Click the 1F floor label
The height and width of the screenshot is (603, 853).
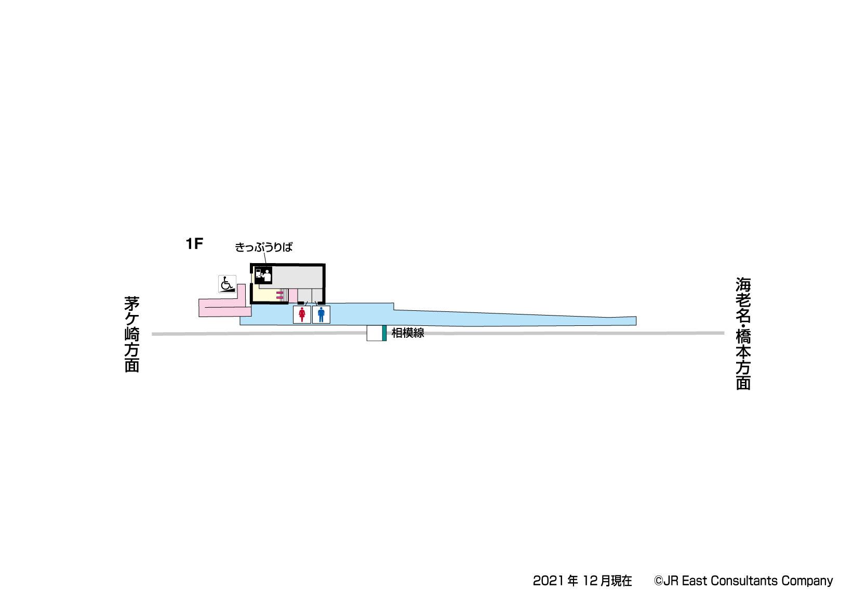coord(194,244)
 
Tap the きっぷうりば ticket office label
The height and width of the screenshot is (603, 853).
coord(263,248)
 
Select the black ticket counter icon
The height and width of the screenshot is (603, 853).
coord(263,275)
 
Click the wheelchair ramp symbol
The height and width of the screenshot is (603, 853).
coord(227,284)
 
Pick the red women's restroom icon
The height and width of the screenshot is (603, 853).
coord(302,314)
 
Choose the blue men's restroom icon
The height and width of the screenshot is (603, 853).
coord(321,314)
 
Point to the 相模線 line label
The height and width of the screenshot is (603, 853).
coord(408,333)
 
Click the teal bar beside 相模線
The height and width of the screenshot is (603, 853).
coord(384,333)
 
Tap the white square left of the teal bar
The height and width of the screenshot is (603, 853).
coord(375,333)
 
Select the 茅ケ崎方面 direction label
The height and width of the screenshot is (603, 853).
coord(132,334)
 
